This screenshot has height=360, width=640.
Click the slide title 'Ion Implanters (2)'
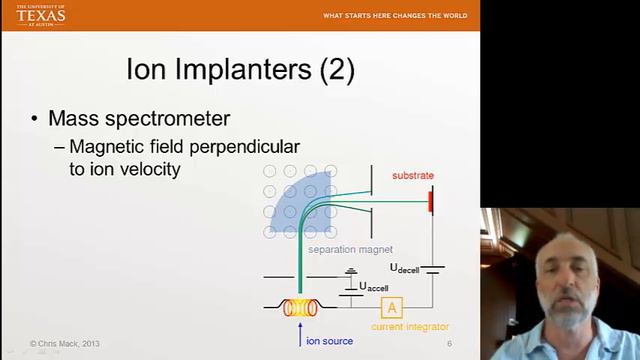240,71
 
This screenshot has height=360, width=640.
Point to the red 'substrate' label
412,176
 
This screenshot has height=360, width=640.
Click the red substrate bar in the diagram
431,200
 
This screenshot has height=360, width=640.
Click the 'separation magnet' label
350,249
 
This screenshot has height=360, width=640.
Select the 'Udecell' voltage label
408,268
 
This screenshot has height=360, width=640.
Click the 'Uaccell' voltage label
374,287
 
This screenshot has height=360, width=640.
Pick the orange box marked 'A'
393,307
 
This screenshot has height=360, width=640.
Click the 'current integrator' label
410,326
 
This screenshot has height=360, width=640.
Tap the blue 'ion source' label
329,341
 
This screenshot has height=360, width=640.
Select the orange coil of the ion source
297,308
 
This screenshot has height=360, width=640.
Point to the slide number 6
449,344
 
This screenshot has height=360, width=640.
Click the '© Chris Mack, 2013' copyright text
65,344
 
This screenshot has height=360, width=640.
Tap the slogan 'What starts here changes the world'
395,16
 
